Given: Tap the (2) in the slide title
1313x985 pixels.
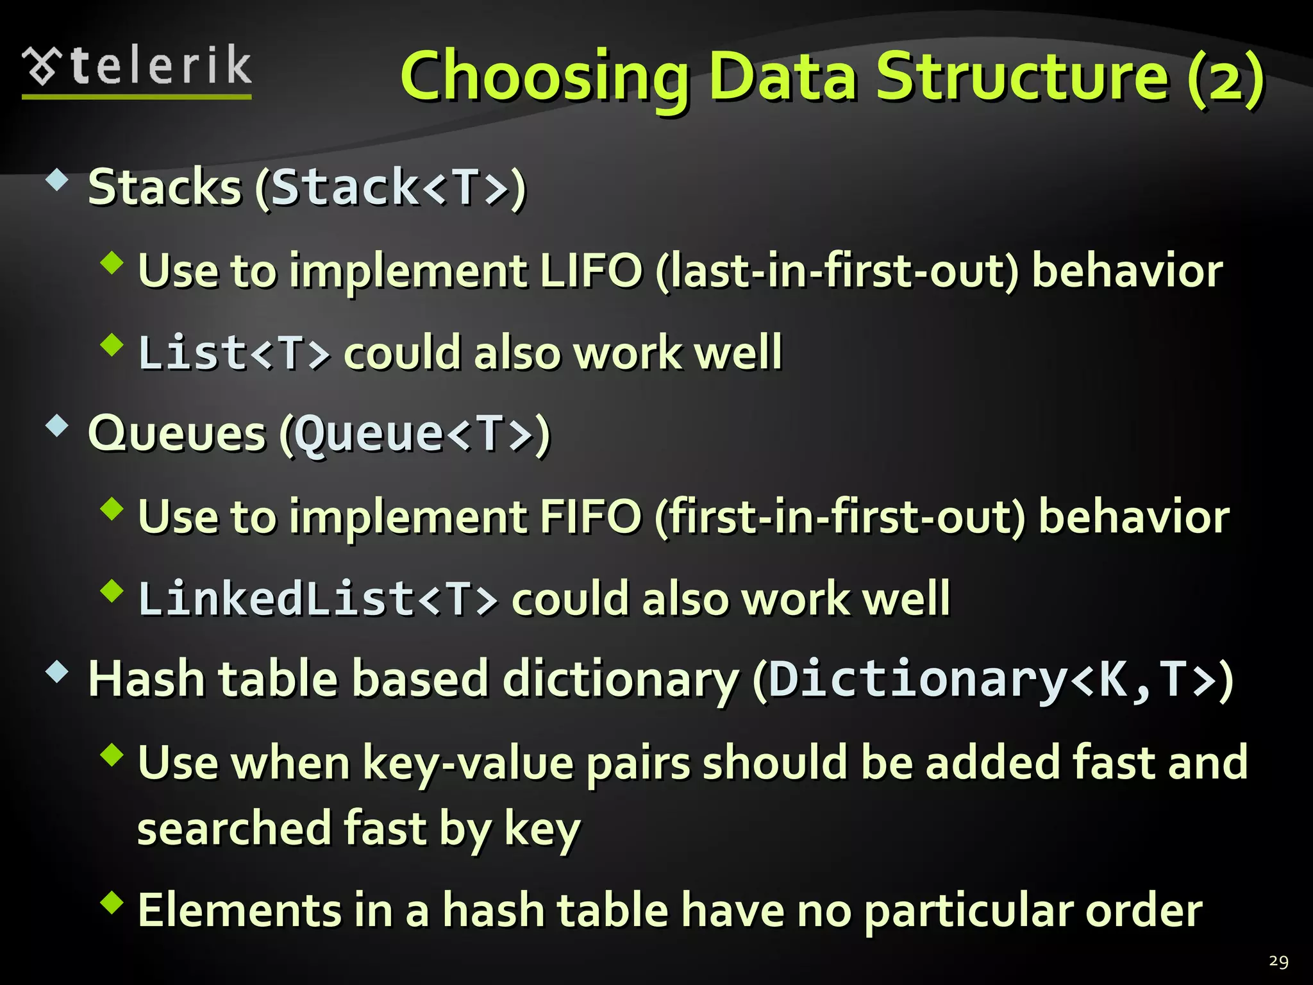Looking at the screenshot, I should pos(1225,78).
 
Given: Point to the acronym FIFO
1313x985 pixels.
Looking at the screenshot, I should pos(590,517).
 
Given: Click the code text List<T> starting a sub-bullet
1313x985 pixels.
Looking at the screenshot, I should pos(234,353).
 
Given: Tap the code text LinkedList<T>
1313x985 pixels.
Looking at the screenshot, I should pos(318,599).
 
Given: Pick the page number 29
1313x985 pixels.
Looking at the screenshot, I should pos(1278,961).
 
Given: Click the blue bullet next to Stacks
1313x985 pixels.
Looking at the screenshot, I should pos(57,181).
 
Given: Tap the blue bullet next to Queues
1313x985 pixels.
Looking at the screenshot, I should pos(57,426).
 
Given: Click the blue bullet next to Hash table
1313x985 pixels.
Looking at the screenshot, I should pos(57,672).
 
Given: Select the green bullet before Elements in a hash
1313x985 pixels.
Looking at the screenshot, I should pos(112,902).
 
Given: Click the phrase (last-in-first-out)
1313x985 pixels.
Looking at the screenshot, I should pos(837,271).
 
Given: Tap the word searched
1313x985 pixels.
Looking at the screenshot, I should pos(233,829).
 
